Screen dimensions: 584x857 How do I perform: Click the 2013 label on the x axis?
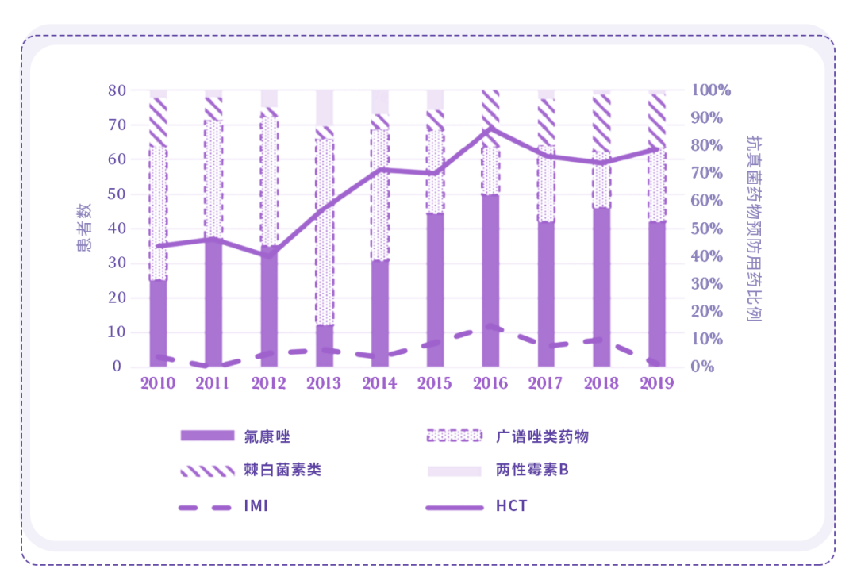click(x=324, y=384)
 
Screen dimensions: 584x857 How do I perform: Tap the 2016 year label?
click(x=490, y=384)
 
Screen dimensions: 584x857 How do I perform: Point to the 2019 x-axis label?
click(x=656, y=384)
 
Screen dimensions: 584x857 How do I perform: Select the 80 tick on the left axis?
click(x=117, y=90)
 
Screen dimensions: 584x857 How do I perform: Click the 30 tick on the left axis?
click(x=117, y=263)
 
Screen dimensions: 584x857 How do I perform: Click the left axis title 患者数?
click(x=84, y=229)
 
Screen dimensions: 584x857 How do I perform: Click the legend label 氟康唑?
click(x=263, y=436)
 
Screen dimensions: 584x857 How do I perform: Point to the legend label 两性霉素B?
click(x=532, y=470)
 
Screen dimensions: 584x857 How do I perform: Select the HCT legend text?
click(x=512, y=505)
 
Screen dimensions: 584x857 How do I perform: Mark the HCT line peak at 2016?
click(x=490, y=129)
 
